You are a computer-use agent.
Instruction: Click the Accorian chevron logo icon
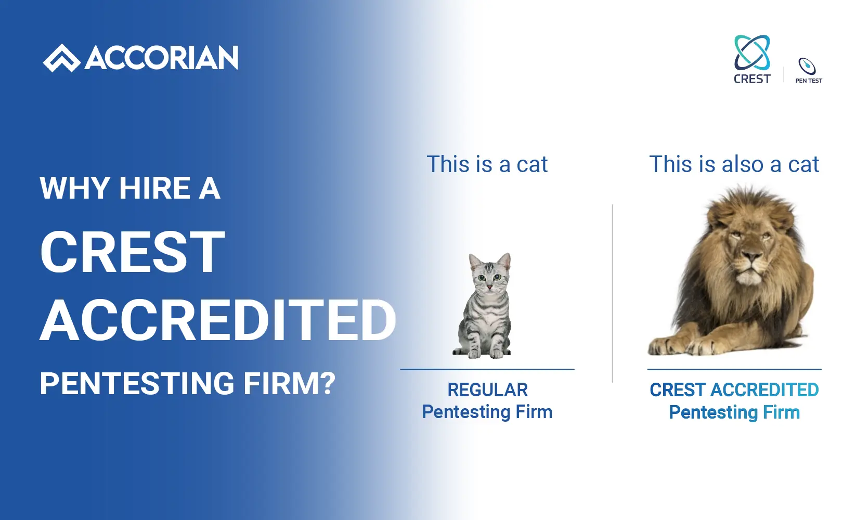[x=61, y=58]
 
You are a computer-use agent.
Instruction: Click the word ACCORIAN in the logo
[x=162, y=58]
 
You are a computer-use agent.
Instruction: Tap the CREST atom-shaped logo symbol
[x=752, y=53]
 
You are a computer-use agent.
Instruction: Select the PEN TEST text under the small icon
[x=809, y=81]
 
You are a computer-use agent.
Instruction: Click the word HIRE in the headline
[x=155, y=188]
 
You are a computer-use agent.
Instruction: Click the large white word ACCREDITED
[x=218, y=320]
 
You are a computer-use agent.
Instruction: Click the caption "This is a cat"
[x=487, y=164]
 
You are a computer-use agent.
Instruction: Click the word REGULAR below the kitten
[x=488, y=390]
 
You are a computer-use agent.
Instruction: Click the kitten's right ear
[x=504, y=261]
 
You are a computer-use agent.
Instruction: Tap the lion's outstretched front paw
[x=663, y=346]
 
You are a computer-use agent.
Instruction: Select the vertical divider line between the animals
[x=613, y=293]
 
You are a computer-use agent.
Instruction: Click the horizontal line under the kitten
[x=487, y=369]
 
